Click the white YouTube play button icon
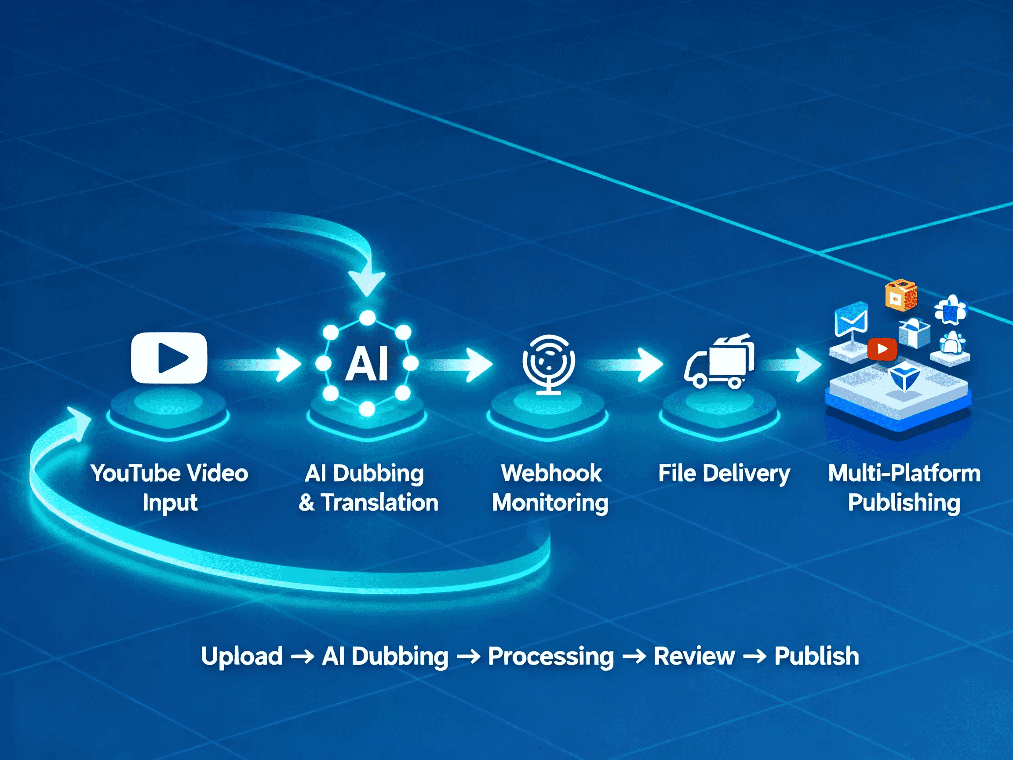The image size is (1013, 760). (168, 357)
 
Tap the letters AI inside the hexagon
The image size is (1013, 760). (367, 364)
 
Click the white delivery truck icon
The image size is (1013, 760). (719, 362)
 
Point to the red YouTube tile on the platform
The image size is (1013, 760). (882, 349)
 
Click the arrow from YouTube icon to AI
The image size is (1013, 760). (261, 365)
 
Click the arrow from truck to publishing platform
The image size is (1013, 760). (792, 365)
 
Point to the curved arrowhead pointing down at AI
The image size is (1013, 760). (367, 282)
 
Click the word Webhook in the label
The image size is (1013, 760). (551, 473)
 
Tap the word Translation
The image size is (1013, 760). (379, 503)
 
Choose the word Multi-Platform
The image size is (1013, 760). (904, 473)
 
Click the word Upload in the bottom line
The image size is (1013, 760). (242, 656)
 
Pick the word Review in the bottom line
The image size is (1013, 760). (694, 656)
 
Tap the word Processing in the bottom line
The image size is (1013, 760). (550, 656)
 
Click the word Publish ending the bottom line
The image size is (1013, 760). (816, 656)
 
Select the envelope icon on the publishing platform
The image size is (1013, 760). (851, 319)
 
